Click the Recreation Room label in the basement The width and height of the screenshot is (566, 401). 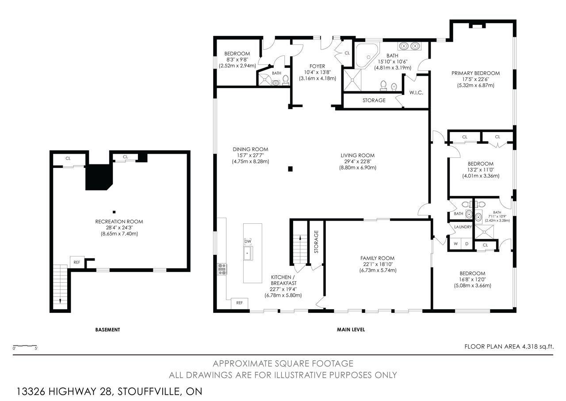(119, 222)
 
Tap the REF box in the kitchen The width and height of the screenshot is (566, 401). (239, 303)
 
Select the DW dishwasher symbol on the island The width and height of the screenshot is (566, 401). (248, 241)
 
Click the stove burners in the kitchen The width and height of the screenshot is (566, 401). (222, 269)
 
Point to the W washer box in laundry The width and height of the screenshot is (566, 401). (455, 244)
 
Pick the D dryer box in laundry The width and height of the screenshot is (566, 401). (467, 244)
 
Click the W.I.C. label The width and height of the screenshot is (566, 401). (416, 93)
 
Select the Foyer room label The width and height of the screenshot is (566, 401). (317, 66)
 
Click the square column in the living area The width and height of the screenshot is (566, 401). (291, 169)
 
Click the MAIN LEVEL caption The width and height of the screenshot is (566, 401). (351, 330)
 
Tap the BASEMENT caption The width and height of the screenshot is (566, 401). (107, 330)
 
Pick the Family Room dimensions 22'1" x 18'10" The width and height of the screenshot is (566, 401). (378, 264)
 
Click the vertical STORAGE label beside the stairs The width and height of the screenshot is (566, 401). (316, 242)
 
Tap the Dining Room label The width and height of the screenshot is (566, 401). (250, 149)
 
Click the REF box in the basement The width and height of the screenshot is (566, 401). (77, 262)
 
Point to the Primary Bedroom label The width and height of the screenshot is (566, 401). (475, 73)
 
